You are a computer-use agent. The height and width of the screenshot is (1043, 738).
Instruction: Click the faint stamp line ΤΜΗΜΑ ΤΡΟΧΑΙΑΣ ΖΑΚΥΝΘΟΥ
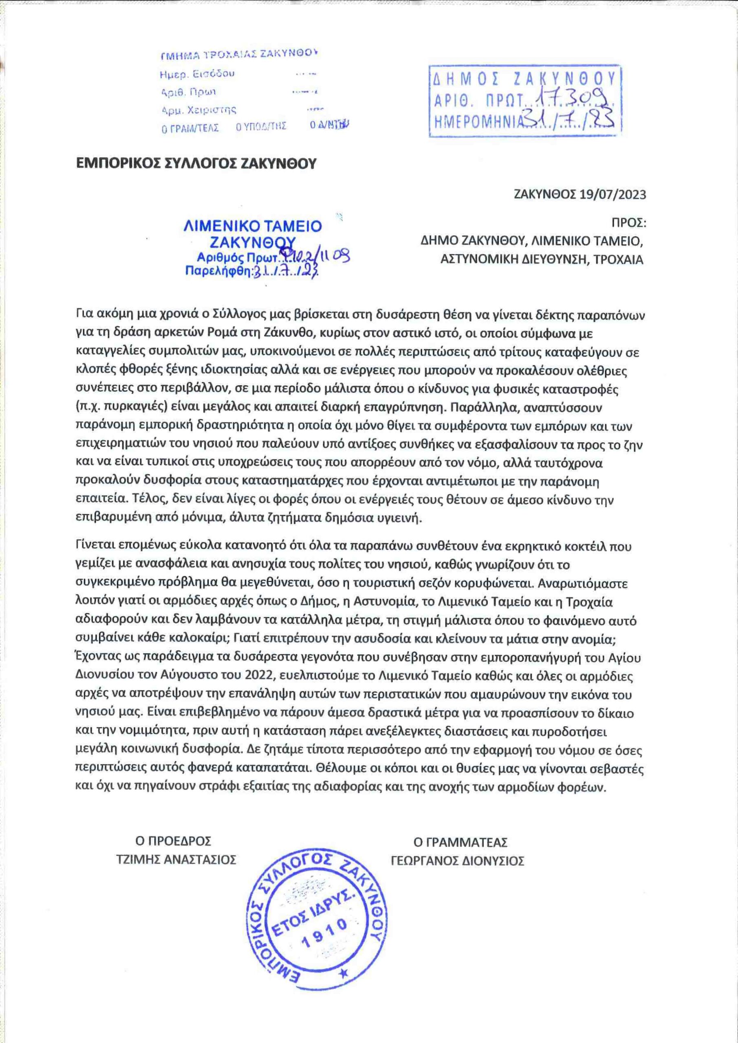[238, 55]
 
